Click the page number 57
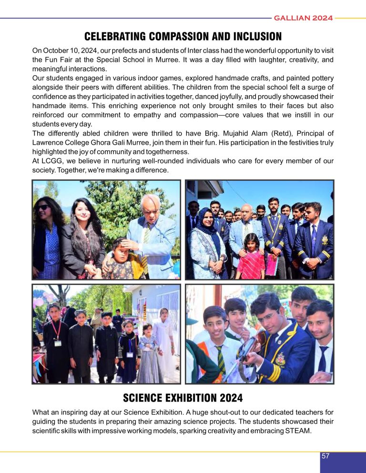point(325,456)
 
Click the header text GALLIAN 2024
point(303,19)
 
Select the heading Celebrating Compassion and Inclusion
point(183,36)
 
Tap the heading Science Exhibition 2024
point(183,397)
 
